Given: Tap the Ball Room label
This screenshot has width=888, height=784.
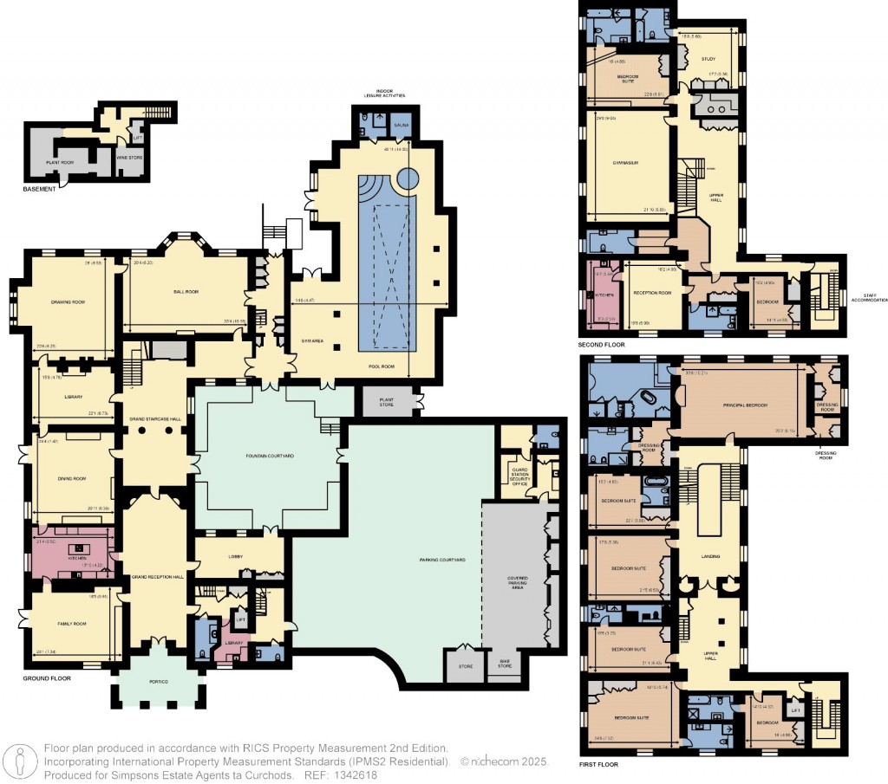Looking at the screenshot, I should click(186, 292).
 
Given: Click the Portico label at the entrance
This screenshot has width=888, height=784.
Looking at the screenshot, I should click(158, 683).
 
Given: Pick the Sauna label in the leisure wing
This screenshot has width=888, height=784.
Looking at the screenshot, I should click(401, 126).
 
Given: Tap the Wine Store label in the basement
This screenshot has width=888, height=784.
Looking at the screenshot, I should click(129, 158).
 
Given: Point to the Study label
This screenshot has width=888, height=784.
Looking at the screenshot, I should click(708, 59).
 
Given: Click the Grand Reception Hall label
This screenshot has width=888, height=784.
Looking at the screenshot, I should click(154, 576).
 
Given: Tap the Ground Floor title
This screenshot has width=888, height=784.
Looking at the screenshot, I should click(47, 678).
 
